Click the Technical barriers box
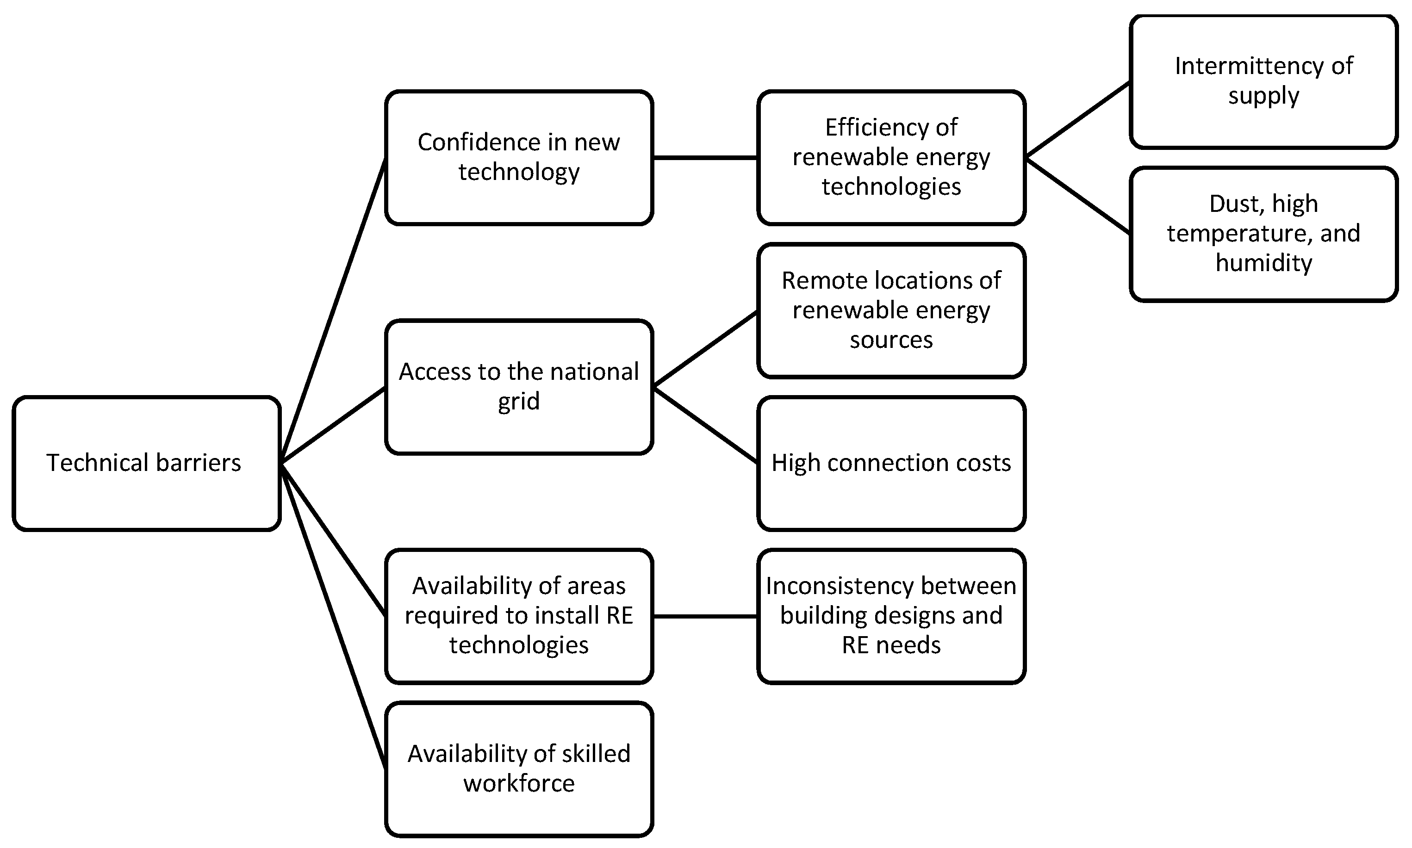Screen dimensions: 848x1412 (146, 463)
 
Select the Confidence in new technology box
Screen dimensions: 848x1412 (518, 157)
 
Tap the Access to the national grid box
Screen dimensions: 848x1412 (518, 387)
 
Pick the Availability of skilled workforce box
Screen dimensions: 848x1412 (518, 768)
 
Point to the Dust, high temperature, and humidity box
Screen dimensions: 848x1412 (1263, 234)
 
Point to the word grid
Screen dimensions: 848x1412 (518, 402)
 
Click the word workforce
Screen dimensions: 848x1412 (518, 783)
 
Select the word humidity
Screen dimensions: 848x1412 (1263, 263)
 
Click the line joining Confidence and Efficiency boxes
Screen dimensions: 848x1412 (705, 157)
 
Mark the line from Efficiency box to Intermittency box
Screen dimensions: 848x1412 (1077, 119)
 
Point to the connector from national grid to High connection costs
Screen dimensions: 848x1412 (705, 425)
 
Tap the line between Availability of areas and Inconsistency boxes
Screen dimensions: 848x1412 (705, 616)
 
